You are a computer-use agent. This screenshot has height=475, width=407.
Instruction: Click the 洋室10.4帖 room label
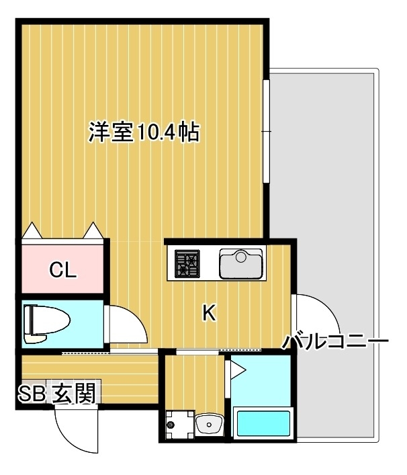click(144, 132)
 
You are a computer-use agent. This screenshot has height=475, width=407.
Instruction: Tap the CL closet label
click(64, 271)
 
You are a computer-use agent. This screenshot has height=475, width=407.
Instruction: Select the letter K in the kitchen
click(210, 312)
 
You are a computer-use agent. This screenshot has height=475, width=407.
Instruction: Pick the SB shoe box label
click(32, 393)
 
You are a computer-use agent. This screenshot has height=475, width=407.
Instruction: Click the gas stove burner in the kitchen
click(187, 263)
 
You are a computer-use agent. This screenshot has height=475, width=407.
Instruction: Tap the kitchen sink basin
click(240, 263)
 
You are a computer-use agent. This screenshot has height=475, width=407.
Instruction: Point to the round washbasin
click(211, 423)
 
